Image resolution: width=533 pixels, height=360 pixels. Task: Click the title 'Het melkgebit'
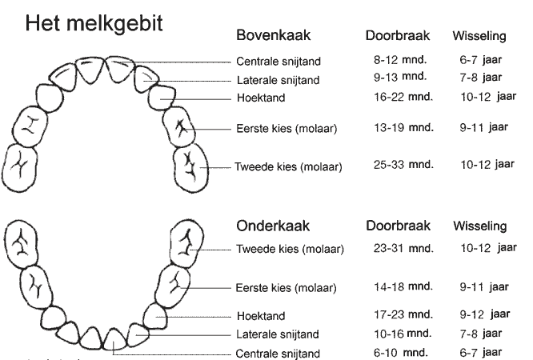94,24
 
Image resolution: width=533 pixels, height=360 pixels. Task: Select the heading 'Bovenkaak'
273,35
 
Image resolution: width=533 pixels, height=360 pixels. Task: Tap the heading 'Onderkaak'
273,226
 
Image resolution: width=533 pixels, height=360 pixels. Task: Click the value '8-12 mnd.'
400,60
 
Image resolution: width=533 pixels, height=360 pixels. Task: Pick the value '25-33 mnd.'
403,165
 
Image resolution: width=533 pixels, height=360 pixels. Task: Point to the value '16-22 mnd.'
403,97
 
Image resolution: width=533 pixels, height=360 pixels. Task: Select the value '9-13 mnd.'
400,77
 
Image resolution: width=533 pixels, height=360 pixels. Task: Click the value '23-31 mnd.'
403,249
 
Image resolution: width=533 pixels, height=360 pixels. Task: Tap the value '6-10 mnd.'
400,352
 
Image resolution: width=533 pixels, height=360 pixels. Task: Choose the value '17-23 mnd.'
403,314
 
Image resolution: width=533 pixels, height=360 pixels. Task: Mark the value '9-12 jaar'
485,314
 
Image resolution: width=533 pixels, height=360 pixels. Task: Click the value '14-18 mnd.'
403,287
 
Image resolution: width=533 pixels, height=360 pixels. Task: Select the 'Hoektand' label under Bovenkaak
261,98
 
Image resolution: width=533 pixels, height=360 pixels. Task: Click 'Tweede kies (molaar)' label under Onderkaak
290,249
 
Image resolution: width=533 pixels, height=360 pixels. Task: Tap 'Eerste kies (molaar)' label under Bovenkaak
287,129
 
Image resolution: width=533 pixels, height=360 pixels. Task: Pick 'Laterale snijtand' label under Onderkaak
278,334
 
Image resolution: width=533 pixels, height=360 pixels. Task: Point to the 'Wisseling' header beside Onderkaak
479,226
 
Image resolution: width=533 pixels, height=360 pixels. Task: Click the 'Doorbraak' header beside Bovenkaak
398,35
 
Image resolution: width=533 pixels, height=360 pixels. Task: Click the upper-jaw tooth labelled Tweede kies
190,168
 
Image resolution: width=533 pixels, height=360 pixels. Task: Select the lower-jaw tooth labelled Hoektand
154,316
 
